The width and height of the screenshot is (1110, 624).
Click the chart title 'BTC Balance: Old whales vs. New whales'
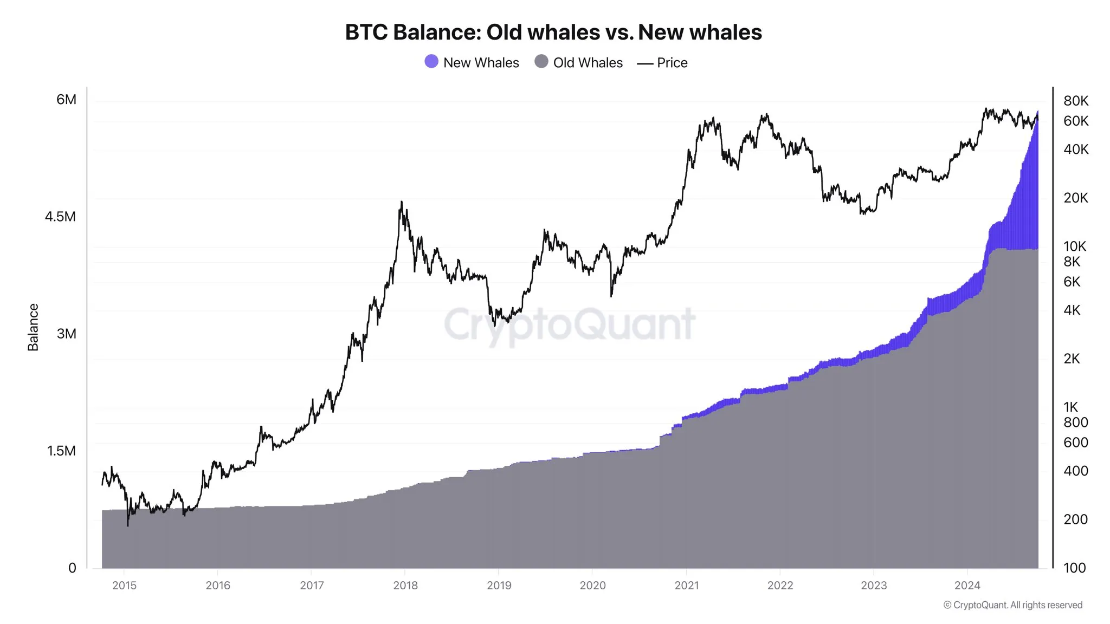[x=553, y=32]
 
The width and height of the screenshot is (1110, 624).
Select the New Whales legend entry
[x=472, y=63]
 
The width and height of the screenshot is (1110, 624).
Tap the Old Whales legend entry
[x=578, y=63]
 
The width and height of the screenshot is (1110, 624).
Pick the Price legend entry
[x=662, y=63]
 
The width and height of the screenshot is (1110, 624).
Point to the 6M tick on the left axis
[x=66, y=100]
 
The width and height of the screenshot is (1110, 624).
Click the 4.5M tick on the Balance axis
[x=60, y=217]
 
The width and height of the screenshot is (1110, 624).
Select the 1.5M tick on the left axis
[x=61, y=451]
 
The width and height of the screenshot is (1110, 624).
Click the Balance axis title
[x=33, y=327]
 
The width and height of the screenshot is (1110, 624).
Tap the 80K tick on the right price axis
[x=1076, y=101]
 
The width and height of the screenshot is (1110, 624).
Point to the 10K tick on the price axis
[x=1075, y=246]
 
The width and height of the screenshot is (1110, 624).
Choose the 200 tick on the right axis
[x=1075, y=519]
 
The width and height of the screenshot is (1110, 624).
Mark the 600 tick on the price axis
[x=1075, y=443]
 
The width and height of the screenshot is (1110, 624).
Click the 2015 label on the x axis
[x=124, y=586]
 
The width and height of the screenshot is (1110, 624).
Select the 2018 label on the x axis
[x=405, y=586]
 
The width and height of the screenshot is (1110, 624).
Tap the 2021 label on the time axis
[x=687, y=586]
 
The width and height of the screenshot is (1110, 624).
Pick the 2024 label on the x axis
[x=967, y=586]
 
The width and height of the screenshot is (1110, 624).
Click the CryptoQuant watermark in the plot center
[x=569, y=324]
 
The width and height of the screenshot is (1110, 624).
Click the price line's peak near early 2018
[x=401, y=202]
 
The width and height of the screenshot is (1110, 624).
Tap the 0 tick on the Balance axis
[x=72, y=568]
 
